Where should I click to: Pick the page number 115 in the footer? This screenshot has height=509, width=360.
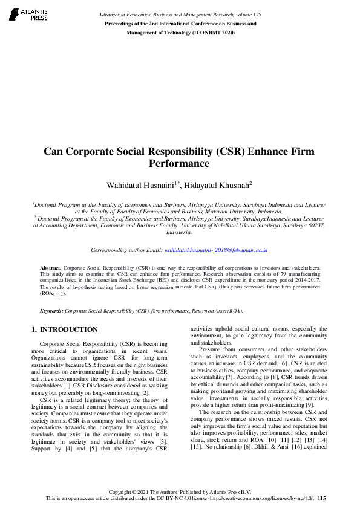click(321, 498)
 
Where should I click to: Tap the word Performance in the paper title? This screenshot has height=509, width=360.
click(180, 163)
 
